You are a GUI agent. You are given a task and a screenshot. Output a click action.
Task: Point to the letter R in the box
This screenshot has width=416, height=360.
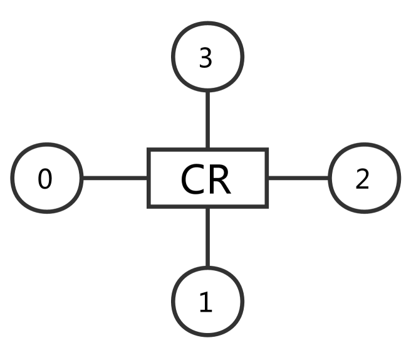tap(220, 180)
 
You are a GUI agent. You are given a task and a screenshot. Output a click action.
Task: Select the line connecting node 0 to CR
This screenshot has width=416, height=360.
tap(115, 178)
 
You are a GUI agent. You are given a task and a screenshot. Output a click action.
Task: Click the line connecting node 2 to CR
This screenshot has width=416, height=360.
tap(298, 178)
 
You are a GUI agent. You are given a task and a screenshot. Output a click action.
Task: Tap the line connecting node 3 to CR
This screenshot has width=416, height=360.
tap(207, 120)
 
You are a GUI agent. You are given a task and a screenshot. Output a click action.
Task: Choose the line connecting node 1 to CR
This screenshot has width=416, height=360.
tap(207, 238)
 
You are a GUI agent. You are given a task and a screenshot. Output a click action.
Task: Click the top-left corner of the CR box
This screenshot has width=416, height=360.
tap(149, 151)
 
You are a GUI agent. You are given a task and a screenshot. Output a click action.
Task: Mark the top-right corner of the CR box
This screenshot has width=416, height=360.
tap(266, 151)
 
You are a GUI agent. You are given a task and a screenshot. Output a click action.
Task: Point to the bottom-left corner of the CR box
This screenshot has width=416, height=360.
tap(149, 206)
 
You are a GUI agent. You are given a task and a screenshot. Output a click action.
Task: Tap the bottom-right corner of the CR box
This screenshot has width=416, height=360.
tap(266, 206)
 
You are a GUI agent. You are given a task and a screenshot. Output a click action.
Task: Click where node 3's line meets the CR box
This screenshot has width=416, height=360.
tap(207, 151)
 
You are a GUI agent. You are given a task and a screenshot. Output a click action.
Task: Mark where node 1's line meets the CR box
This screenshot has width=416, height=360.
tap(207, 206)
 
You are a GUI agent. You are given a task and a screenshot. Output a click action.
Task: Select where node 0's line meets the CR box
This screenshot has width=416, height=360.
tap(149, 178)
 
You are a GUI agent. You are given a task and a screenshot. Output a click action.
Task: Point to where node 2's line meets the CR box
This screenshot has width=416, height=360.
tap(266, 178)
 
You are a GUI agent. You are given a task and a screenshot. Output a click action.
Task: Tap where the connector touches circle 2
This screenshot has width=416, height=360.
tap(329, 178)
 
